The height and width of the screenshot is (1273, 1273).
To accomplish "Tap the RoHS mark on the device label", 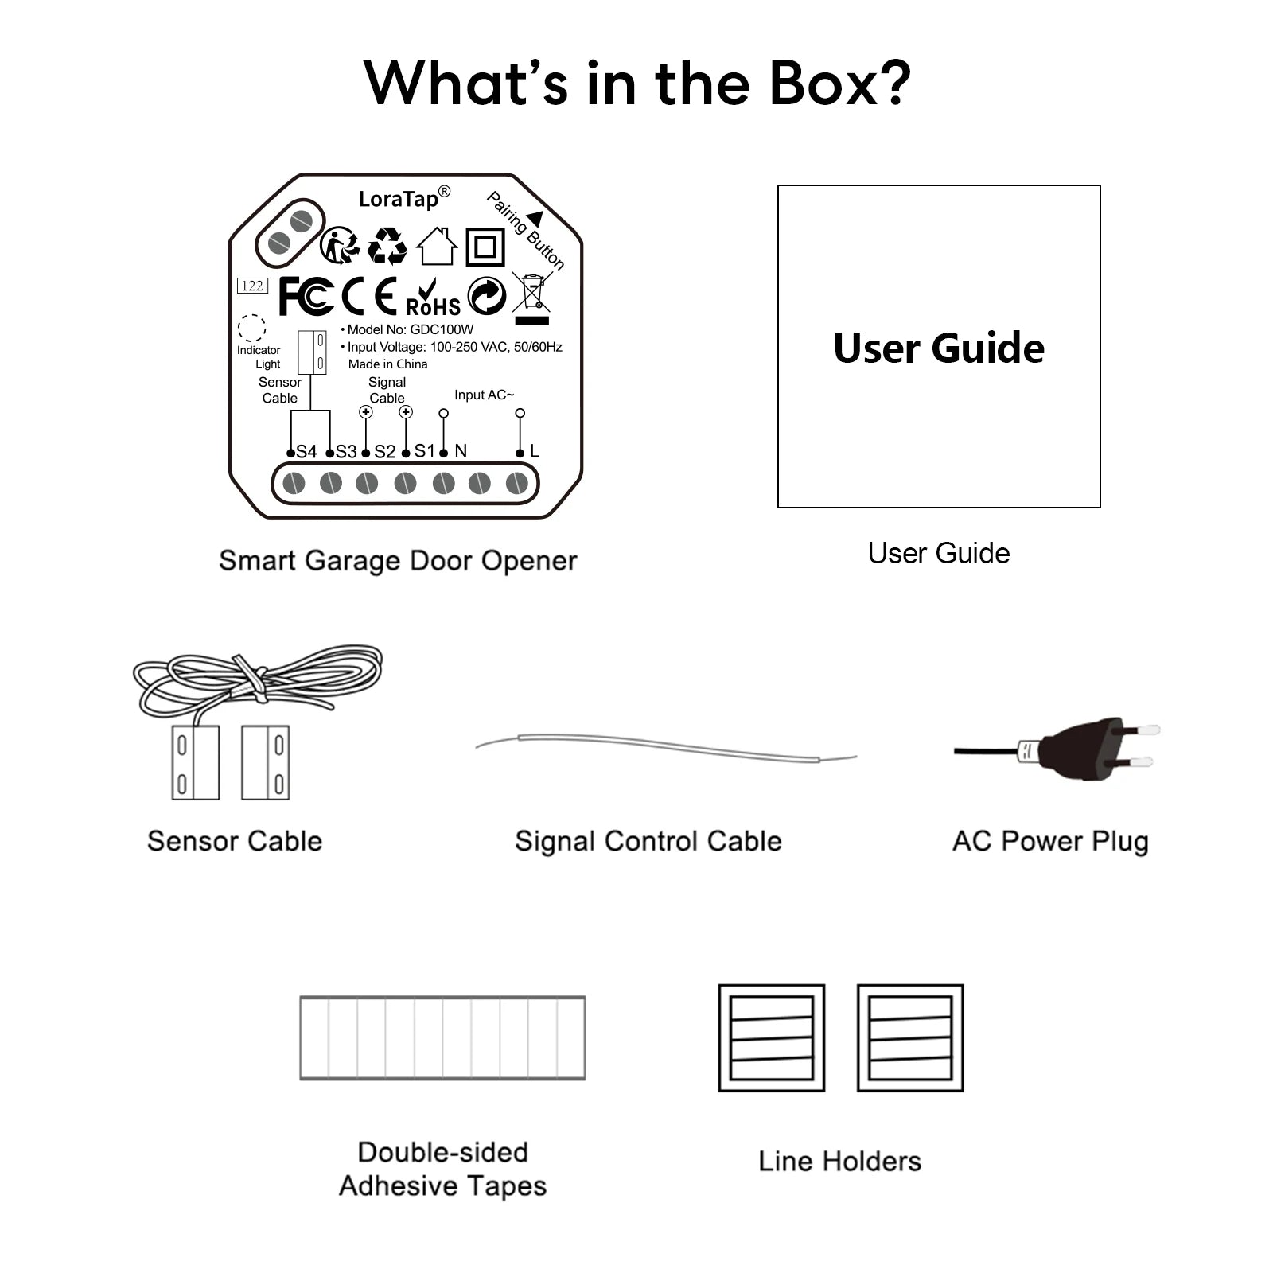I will click(x=433, y=299).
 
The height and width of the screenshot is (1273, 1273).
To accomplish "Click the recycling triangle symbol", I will click(x=387, y=246).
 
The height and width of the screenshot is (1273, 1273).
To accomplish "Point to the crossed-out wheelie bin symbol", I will click(x=532, y=294).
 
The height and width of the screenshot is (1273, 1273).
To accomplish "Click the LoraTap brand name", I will click(x=399, y=198).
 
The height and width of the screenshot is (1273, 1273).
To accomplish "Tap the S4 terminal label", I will click(x=306, y=452).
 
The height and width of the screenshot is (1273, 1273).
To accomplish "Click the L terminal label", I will click(x=535, y=451).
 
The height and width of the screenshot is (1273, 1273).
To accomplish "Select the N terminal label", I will click(x=461, y=451).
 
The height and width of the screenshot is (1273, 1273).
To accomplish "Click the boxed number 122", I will click(x=252, y=286).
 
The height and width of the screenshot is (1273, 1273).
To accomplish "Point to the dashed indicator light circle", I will click(x=251, y=328).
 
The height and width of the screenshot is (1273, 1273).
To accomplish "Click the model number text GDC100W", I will click(x=442, y=329).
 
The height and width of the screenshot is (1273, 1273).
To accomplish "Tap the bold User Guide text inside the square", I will click(x=939, y=348).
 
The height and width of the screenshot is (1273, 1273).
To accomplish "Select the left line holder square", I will click(x=771, y=1037).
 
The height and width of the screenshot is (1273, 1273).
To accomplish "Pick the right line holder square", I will click(x=910, y=1037).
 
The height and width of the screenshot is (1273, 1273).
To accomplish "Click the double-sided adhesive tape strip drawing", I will click(x=442, y=1037).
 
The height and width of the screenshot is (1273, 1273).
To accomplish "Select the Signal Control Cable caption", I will click(x=648, y=841).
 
